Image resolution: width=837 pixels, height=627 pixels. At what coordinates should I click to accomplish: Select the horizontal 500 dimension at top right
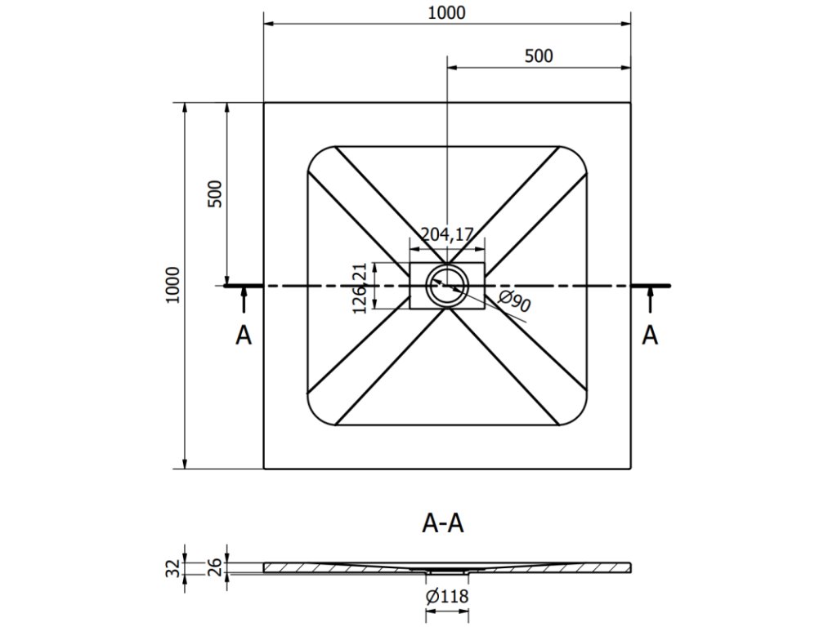pyautogui.click(x=539, y=56)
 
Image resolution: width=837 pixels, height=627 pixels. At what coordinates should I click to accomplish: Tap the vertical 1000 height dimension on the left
pyautogui.click(x=172, y=285)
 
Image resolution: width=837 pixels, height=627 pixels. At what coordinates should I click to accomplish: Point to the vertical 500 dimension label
pyautogui.click(x=215, y=193)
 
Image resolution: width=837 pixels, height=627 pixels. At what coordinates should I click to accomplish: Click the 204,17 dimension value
pyautogui.click(x=447, y=235)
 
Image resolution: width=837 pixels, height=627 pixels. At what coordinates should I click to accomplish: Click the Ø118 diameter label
pyautogui.click(x=446, y=597)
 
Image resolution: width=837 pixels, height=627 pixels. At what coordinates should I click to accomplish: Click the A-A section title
pyautogui.click(x=443, y=522)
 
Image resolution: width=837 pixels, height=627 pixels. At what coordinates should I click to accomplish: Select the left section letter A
pyautogui.click(x=243, y=335)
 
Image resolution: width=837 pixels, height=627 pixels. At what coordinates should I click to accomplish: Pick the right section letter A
pyautogui.click(x=650, y=335)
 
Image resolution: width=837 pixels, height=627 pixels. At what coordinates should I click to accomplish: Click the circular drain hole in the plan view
pyautogui.click(x=447, y=284)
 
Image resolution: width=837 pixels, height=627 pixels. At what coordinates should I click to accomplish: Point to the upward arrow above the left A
pyautogui.click(x=243, y=301)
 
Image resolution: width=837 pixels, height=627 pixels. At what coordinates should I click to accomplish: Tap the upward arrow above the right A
pyautogui.click(x=650, y=301)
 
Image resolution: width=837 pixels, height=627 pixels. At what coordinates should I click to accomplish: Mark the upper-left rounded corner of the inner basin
pyautogui.click(x=317, y=156)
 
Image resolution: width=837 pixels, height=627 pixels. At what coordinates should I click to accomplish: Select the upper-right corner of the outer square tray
pyautogui.click(x=630, y=103)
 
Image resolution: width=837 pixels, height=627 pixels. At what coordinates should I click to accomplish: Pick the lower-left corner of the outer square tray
pyautogui.click(x=264, y=469)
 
